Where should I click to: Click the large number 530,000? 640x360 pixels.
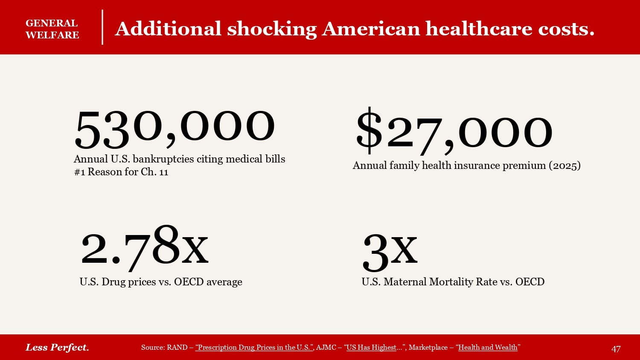coord(175,127)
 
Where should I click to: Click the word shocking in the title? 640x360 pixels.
coord(272,29)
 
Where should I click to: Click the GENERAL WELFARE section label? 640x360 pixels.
coord(52,29)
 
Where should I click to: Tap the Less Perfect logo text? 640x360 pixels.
coord(57,347)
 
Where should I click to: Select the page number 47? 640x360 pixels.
coord(616,349)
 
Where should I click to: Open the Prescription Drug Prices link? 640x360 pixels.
coord(254,347)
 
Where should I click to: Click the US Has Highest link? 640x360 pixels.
coord(371,347)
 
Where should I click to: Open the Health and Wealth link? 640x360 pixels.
coord(488,347)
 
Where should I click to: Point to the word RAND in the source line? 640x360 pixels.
coord(177,347)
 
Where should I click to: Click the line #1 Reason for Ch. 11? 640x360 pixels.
coord(121,172)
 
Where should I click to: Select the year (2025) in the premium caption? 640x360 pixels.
coord(564,165)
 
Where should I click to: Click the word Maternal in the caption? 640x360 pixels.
coord(407,282)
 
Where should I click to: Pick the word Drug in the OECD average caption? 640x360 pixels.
coord(111,282)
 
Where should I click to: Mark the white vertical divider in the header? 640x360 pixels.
coord(102,27)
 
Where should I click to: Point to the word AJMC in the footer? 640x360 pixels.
coord(326,347)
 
